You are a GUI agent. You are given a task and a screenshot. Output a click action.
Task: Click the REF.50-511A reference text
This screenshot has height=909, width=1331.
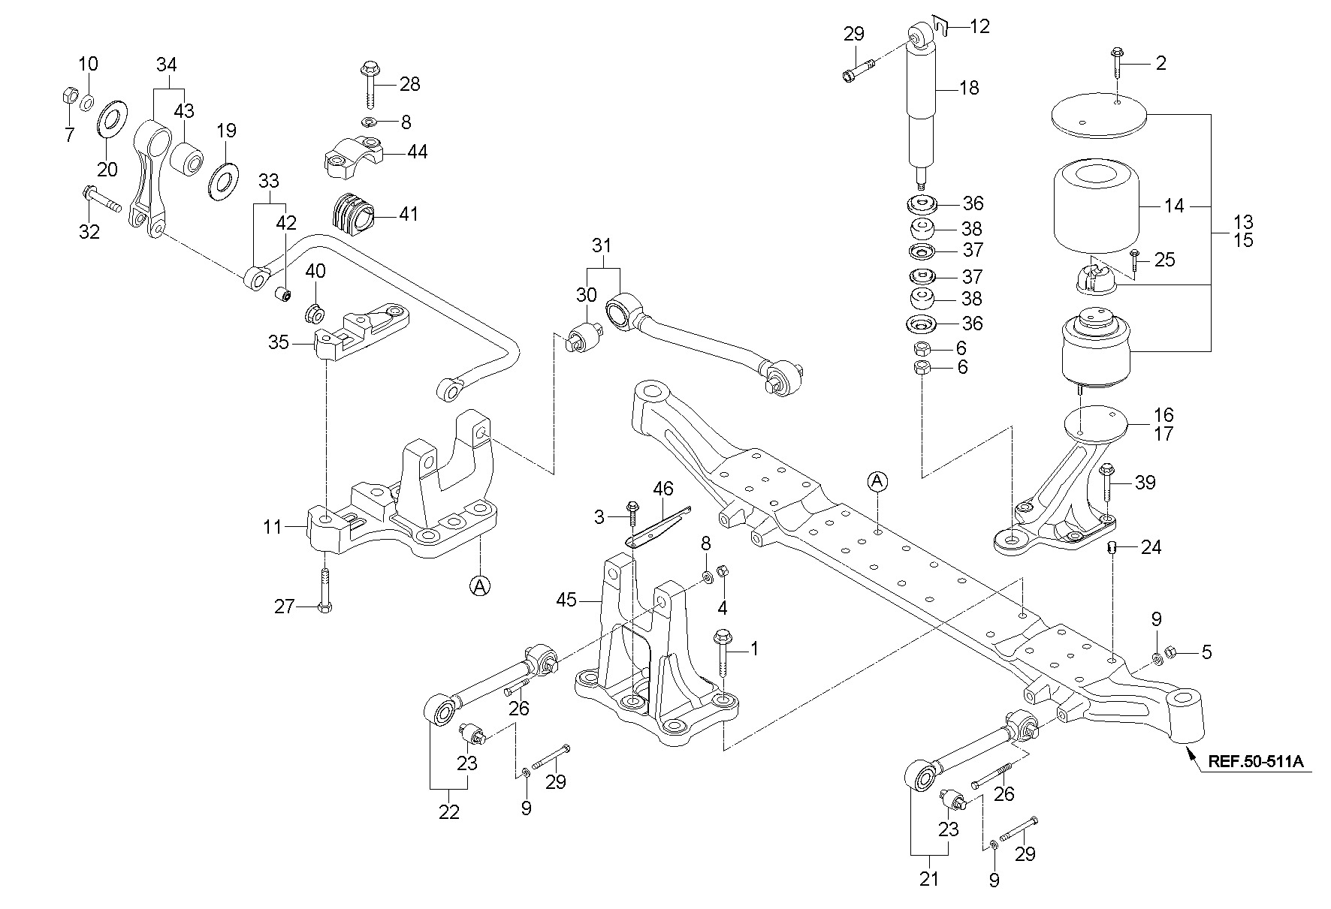pos(1256,763)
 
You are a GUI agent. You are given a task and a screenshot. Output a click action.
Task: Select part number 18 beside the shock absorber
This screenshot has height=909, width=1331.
pos(969,88)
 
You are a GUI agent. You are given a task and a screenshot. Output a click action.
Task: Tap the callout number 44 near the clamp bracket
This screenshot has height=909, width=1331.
pos(417,152)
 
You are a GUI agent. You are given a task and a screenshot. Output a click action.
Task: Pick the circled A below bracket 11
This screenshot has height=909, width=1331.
pos(479,585)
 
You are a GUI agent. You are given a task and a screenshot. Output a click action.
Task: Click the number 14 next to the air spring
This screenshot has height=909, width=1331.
pos(1173,205)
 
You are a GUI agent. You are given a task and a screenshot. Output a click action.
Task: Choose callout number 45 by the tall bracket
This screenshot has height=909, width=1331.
pos(566,600)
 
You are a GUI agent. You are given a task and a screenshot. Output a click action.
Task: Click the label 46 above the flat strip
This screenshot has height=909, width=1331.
pos(663,489)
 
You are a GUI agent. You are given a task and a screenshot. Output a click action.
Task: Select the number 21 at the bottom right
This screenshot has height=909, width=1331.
pos(929,879)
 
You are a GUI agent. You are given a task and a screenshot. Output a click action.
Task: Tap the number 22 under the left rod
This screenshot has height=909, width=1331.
pos(448,812)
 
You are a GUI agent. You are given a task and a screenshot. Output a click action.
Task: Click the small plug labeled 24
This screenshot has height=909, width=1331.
pos(1113,548)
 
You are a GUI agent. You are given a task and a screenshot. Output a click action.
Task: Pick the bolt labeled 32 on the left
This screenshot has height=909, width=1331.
pos(101,199)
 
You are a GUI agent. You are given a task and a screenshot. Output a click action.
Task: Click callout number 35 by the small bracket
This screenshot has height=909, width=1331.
pos(279,343)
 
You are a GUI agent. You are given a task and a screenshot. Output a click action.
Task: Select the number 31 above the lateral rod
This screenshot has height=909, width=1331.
pos(602,245)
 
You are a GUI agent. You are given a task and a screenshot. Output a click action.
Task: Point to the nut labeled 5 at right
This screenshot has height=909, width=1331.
pos(1172,652)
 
